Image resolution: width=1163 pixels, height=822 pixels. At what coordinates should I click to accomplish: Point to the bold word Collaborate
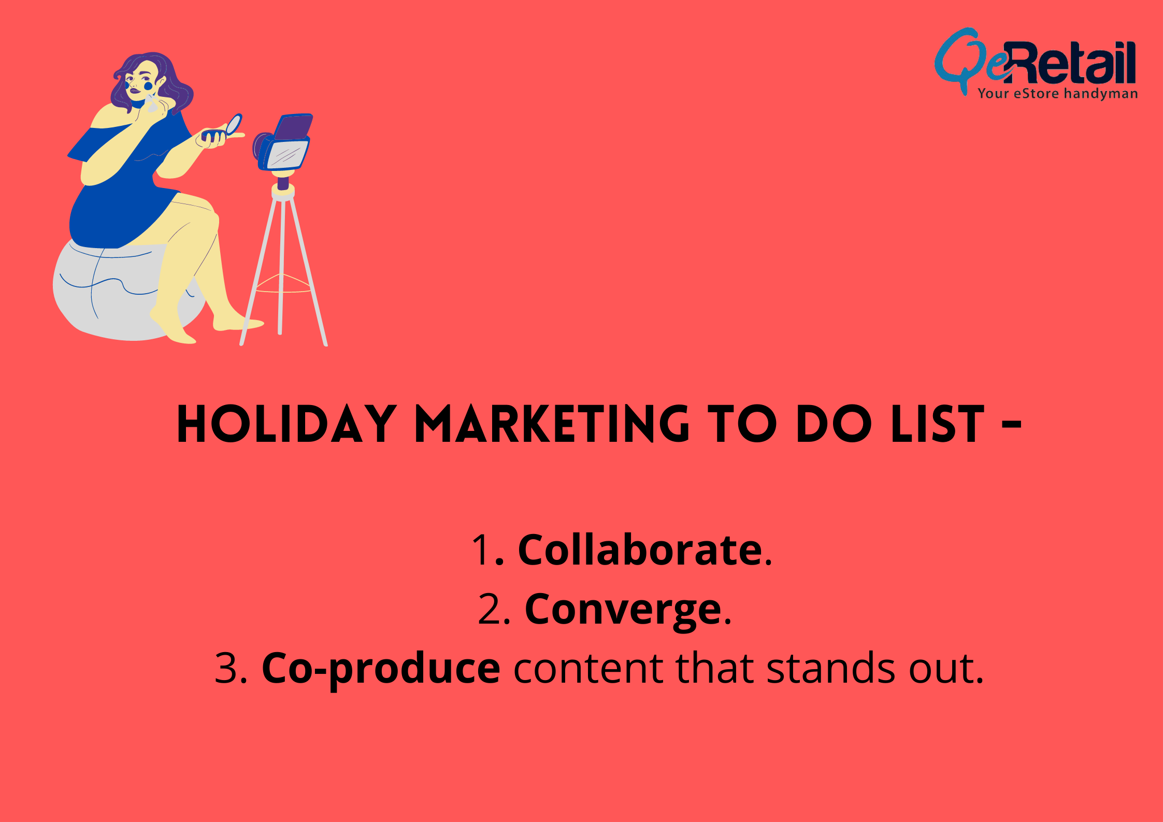tap(640, 550)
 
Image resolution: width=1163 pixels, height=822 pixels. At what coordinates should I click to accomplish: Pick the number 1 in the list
tap(482, 550)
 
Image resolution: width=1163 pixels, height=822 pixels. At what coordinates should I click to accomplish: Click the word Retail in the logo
tap(1072, 63)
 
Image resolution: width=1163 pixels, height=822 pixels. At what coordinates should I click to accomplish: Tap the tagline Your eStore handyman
tap(1057, 94)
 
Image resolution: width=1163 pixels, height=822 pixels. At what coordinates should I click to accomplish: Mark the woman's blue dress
tap(127, 202)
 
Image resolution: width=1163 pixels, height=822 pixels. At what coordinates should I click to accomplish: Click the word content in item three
tap(588, 668)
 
